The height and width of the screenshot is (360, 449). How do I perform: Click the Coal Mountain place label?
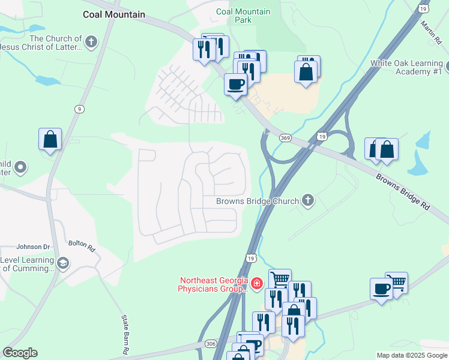(114, 14)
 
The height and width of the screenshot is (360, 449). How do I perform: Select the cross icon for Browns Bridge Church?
(308, 201)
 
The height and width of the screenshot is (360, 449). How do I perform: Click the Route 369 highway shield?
(285, 138)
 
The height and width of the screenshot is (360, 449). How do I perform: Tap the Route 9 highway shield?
(79, 109)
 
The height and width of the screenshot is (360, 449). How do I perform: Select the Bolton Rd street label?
(82, 245)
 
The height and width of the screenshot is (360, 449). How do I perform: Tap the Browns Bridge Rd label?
(403, 191)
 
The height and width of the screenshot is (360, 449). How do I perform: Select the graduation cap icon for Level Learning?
(62, 263)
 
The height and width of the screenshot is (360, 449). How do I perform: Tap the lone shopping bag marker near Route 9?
(50, 139)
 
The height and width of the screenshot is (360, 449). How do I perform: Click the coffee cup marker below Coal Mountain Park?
(235, 84)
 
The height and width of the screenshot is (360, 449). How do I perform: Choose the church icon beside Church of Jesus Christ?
(91, 42)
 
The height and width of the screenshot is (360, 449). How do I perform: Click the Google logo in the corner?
(20, 353)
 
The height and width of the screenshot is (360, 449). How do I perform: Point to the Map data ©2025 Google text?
(412, 355)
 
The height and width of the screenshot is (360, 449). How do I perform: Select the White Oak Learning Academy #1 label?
(406, 67)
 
